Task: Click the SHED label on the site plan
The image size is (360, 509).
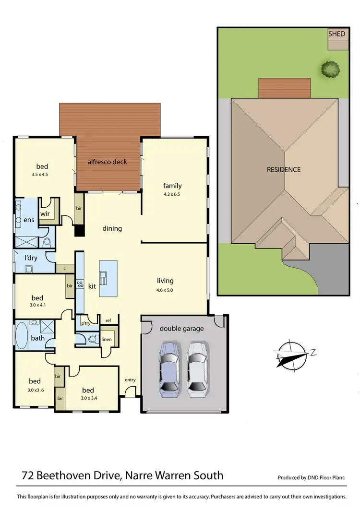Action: (337, 34)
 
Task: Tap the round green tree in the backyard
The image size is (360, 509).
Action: (330, 69)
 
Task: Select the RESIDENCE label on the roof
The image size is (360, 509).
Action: (284, 169)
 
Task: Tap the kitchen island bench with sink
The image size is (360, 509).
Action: (108, 278)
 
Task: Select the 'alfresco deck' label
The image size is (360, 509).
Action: (107, 162)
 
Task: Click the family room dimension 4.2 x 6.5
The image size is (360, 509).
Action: (172, 195)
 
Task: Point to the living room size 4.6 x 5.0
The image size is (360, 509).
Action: (165, 290)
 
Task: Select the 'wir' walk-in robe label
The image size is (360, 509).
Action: (45, 213)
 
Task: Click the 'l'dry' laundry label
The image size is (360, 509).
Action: (31, 258)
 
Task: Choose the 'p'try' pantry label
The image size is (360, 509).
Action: (85, 324)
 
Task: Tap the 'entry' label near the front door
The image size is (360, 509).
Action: (130, 380)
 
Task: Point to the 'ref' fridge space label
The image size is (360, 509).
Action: (108, 320)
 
